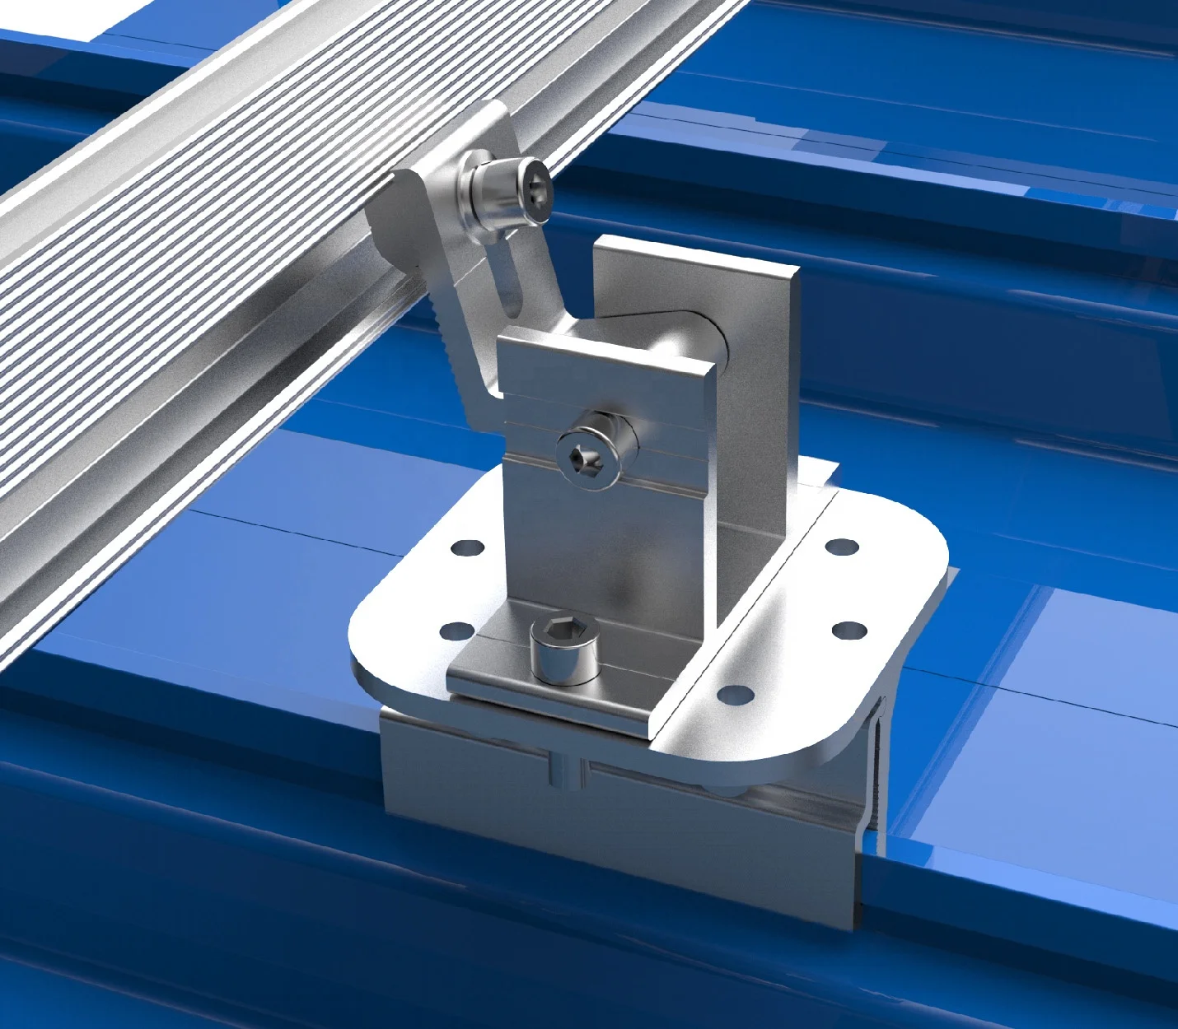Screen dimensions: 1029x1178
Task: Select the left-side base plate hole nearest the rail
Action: pyautogui.click(x=467, y=547)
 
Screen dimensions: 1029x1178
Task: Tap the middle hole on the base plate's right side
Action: pyautogui.click(x=848, y=631)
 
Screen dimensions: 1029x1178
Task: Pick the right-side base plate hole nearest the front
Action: pyautogui.click(x=735, y=695)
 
